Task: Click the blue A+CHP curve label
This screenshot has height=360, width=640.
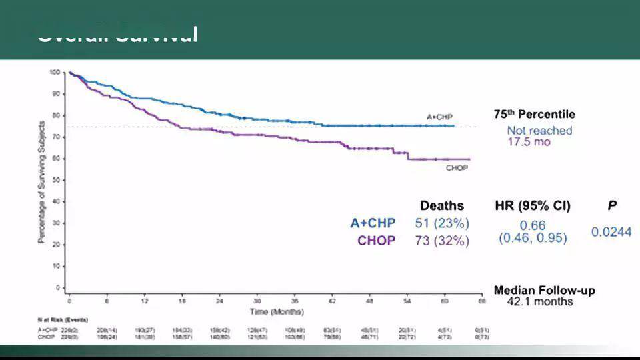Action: tap(440, 117)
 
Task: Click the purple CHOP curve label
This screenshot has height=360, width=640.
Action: tap(457, 167)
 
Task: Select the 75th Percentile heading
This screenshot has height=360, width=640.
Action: tap(534, 115)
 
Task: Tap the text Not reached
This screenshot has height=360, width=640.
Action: tap(539, 131)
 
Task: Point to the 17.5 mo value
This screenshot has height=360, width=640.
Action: tap(529, 142)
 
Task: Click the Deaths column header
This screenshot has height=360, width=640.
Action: tap(441, 205)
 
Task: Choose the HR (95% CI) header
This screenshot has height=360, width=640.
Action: tap(533, 205)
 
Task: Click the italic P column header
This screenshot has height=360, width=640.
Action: tap(611, 205)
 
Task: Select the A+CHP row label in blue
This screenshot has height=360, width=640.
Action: tap(372, 223)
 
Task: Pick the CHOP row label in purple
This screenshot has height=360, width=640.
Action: tap(376, 241)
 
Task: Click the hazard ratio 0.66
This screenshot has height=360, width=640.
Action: tap(533, 225)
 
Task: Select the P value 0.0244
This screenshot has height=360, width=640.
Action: tap(611, 232)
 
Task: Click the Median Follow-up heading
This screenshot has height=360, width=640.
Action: tap(544, 291)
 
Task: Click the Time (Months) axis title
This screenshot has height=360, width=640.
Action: tap(277, 311)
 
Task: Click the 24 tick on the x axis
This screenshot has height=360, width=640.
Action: tap(219, 300)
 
